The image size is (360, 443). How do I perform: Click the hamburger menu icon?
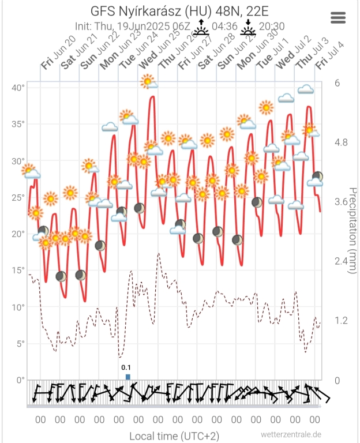(x=338, y=17)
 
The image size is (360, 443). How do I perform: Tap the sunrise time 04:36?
(x=224, y=26)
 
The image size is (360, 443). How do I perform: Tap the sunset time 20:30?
(x=271, y=26)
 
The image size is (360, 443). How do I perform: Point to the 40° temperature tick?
(x=18, y=88)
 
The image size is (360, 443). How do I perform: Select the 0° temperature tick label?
(x=20, y=380)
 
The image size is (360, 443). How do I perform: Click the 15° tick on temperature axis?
(x=18, y=271)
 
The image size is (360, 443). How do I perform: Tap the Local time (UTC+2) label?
(x=174, y=436)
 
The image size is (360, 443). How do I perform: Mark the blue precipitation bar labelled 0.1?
(x=128, y=377)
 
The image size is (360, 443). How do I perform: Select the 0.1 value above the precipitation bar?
(x=126, y=367)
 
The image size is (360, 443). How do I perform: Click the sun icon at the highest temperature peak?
(x=148, y=81)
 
